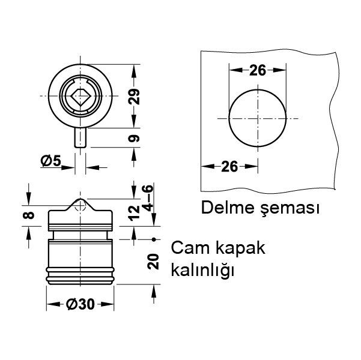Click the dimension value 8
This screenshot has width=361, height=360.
click(26, 214)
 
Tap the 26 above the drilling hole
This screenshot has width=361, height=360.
click(257, 70)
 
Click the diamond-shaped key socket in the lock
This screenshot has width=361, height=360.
click(80, 96)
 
